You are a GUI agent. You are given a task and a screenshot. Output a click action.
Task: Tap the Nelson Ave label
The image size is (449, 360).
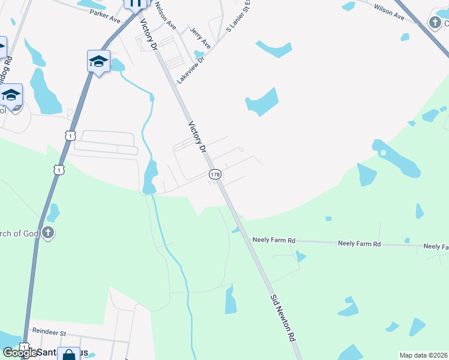(164, 16)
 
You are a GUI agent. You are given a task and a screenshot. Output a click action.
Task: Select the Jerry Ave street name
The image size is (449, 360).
(200, 37)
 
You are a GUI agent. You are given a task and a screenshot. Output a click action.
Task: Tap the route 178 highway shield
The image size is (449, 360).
(215, 174)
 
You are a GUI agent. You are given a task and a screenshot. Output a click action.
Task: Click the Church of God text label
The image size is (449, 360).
(18, 233)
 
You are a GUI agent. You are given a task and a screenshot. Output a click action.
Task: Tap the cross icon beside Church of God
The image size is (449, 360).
(48, 233)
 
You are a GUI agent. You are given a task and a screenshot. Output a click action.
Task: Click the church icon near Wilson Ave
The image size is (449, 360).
(435, 23)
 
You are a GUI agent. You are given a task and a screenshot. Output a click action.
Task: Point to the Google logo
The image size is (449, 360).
(19, 353)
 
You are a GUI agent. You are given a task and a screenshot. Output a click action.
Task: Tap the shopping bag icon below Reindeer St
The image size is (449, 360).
(68, 355)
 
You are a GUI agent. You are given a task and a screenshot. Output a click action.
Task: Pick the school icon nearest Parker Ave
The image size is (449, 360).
(98, 61)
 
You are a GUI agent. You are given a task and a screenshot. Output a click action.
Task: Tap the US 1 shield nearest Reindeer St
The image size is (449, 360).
(24, 347)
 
